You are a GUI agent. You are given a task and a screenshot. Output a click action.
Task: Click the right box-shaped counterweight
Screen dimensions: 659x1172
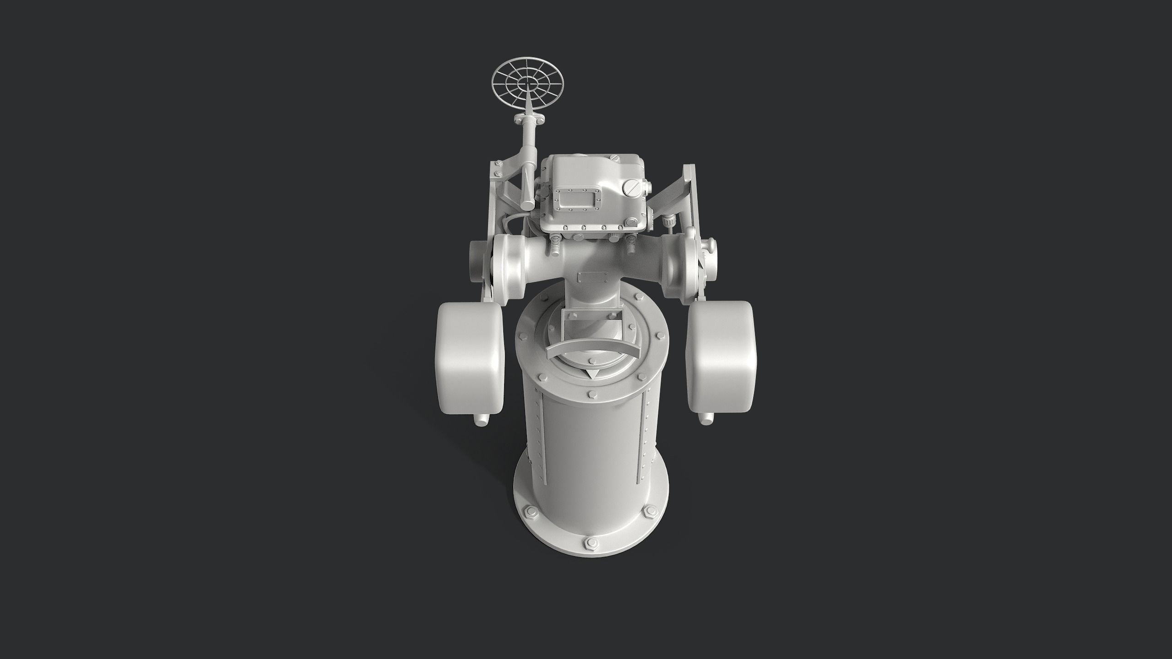click(x=721, y=357)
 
